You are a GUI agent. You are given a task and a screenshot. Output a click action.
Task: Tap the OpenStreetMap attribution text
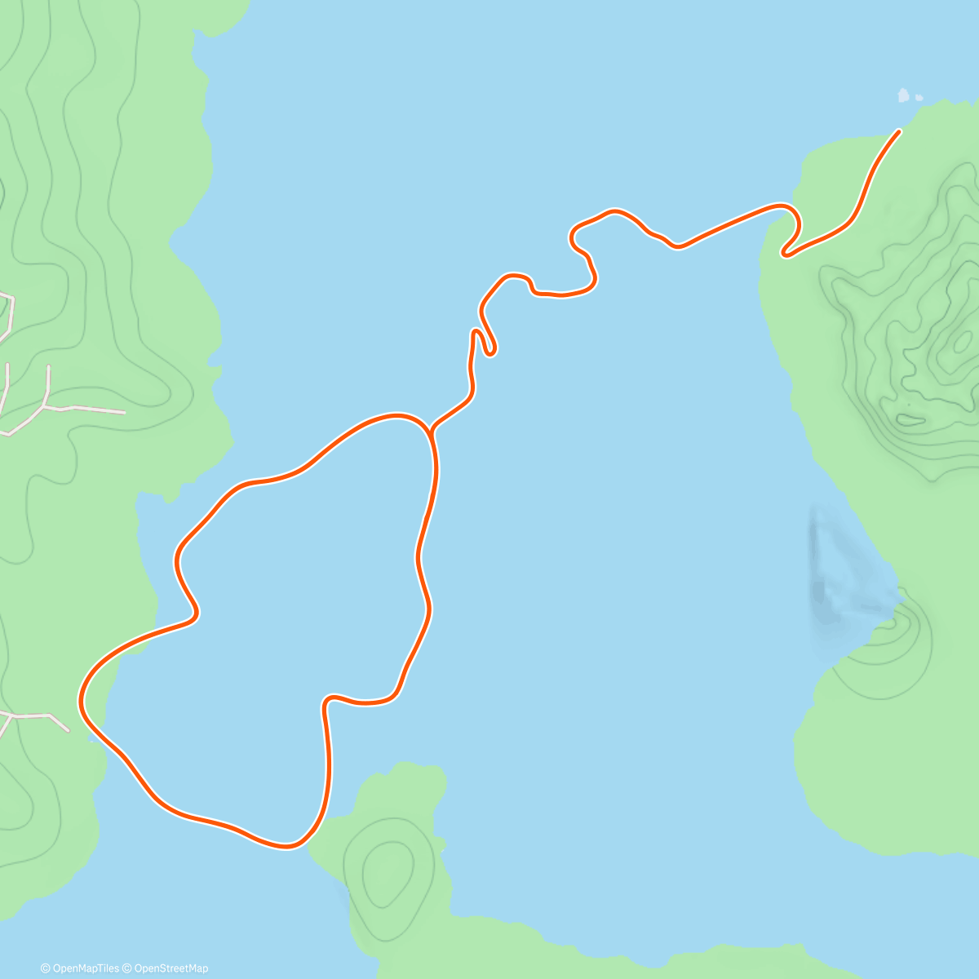(171, 968)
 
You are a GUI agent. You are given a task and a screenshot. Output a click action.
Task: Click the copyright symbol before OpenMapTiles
(45, 968)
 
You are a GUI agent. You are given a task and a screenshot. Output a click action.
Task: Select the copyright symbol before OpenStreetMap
(127, 968)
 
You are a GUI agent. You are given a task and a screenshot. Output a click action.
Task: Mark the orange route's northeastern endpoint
(898, 131)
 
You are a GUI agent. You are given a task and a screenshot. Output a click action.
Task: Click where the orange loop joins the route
(429, 429)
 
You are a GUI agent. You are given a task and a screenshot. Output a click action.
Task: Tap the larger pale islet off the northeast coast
(904, 95)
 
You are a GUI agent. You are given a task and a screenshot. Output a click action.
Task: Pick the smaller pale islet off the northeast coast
(919, 98)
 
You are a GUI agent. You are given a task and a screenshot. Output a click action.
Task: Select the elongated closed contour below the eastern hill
(910, 421)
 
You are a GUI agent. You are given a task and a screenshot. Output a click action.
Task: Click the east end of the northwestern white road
(124, 412)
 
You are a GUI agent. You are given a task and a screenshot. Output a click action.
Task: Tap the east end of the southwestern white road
(69, 730)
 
